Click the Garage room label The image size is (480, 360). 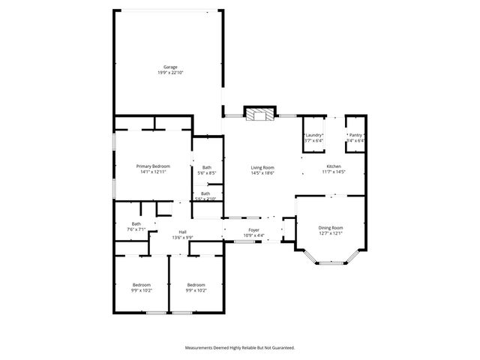[170, 67]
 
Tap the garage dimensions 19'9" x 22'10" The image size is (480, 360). [170, 73]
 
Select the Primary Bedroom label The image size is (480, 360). [152, 166]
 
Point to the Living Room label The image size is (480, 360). [262, 167]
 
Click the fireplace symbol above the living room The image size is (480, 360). [261, 114]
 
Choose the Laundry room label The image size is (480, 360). [313, 135]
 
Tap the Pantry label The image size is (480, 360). [355, 135]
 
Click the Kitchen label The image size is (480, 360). [333, 166]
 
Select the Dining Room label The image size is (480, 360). [331, 227]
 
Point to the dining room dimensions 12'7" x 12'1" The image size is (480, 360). [331, 233]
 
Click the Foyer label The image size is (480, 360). [254, 231]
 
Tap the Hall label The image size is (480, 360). [182, 232]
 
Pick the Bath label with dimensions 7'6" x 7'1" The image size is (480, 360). [136, 223]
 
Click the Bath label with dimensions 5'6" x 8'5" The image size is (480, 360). [206, 167]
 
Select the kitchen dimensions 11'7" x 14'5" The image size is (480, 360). [333, 172]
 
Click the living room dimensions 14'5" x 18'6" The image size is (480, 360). [262, 173]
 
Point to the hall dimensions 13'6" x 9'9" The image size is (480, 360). [182, 238]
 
